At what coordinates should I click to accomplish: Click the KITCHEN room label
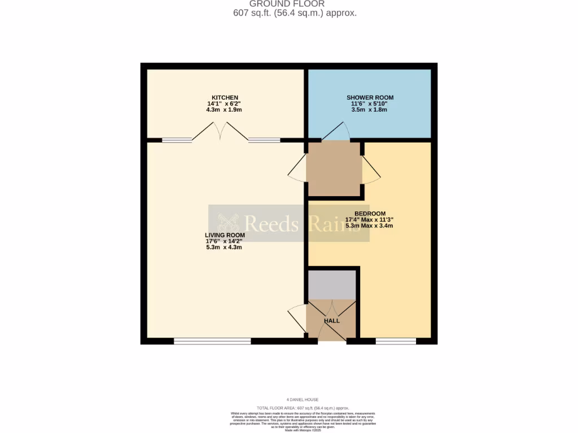[x=225, y=98]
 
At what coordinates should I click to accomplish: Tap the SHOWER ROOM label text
[x=370, y=98]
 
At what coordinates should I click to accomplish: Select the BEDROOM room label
[x=370, y=214]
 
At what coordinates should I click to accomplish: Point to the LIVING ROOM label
[x=225, y=235]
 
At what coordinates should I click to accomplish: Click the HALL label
[x=332, y=321]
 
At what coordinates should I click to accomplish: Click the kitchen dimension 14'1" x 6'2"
[x=225, y=104]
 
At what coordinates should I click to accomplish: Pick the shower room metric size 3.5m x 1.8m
[x=370, y=110]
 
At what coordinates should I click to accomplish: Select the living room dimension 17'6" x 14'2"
[x=225, y=241]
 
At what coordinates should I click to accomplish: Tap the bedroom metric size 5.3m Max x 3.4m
[x=370, y=226]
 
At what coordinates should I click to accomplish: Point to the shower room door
[x=335, y=132]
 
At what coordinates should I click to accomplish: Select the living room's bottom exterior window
[x=212, y=341]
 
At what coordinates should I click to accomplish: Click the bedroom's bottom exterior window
[x=396, y=341]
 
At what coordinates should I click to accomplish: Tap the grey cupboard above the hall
[x=331, y=285]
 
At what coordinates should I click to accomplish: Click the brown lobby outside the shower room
[x=334, y=169]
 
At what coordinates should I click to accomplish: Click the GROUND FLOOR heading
[x=295, y=4]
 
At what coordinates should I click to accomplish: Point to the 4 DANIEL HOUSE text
[x=303, y=400]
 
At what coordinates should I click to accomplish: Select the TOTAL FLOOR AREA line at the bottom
[x=303, y=408]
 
